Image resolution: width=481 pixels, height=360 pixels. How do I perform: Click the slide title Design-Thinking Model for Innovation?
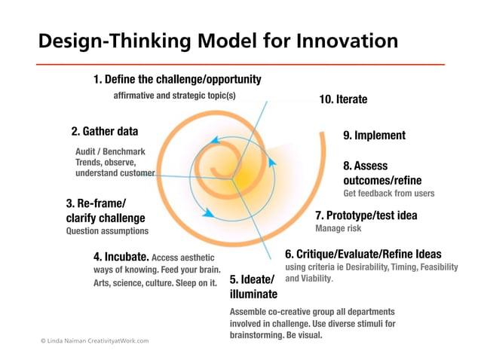click(218, 41)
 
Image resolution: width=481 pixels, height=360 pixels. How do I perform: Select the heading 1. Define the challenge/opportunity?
click(177, 79)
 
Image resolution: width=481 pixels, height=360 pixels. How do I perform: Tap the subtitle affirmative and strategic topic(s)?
click(174, 96)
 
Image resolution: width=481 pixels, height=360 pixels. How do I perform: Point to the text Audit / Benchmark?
click(110, 151)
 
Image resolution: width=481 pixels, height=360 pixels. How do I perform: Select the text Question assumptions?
click(108, 231)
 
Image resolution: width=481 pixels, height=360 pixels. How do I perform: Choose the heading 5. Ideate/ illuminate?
click(253, 287)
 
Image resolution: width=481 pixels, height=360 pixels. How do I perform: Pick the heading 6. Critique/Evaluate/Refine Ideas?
click(363, 255)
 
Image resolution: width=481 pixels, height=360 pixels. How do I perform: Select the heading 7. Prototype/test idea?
click(366, 215)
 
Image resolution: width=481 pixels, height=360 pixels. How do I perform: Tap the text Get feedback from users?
click(388, 194)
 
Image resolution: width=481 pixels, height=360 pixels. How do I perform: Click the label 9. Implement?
click(374, 136)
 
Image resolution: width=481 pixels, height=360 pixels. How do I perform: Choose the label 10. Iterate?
click(343, 99)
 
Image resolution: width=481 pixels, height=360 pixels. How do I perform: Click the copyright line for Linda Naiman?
click(94, 340)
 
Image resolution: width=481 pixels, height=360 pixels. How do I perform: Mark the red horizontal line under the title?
click(240, 64)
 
